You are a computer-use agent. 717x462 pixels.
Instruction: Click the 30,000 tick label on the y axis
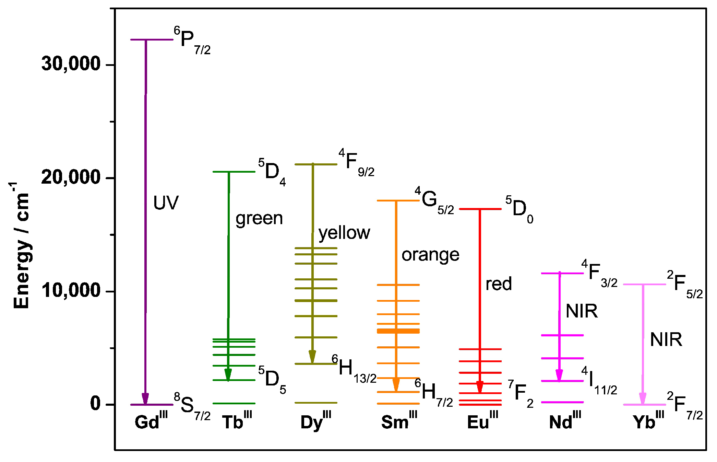coord(70,64)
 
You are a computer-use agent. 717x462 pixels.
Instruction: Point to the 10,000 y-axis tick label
coord(70,290)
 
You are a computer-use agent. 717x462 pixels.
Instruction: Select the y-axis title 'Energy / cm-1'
coord(21,245)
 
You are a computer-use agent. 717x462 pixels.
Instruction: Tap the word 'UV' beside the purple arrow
coord(166,203)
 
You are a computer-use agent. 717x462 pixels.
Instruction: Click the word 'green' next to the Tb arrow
coord(259,219)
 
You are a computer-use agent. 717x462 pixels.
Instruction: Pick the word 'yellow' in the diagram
coord(344,233)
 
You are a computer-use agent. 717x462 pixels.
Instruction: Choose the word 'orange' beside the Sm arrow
coord(430,255)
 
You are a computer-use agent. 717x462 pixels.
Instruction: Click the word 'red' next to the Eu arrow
coord(499,284)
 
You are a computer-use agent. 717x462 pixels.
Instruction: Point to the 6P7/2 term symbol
coord(192,41)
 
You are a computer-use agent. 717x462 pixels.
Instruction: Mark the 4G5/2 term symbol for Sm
coord(434,200)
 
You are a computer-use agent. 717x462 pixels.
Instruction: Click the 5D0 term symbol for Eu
coord(519,209)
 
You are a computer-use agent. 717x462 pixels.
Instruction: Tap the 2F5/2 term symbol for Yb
coord(684,285)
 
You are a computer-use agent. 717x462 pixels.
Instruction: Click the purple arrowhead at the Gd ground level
coord(145,399)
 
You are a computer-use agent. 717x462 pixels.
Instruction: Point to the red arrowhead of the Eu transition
coord(480,387)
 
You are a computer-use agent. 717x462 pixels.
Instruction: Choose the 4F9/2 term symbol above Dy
coord(356,163)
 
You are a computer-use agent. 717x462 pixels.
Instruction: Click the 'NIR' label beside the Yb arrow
coord(666,340)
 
